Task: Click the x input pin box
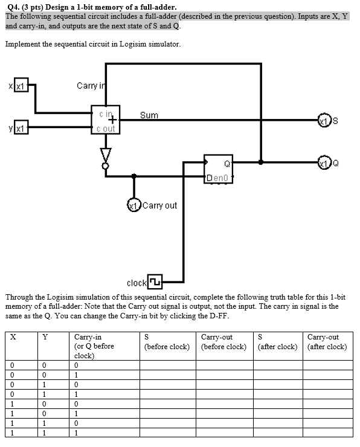pyautogui.click(x=21, y=87)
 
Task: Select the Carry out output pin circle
pyautogui.click(x=133, y=205)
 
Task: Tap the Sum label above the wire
pyautogui.click(x=149, y=115)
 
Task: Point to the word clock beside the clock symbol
pyautogui.click(x=137, y=283)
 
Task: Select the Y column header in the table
pyautogui.click(x=45, y=337)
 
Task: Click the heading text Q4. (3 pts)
pyautogui.click(x=28, y=7)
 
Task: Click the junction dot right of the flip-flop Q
pyautogui.click(x=260, y=162)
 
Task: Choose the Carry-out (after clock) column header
pyautogui.click(x=327, y=342)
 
